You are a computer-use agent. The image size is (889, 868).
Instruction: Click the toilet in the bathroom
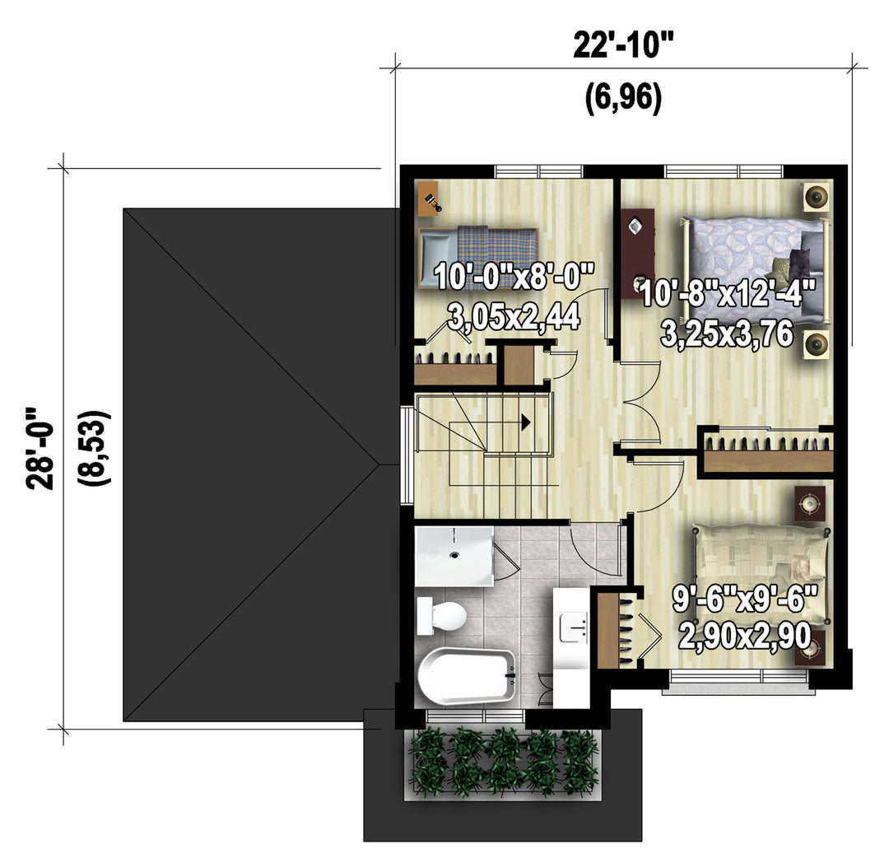[441, 615]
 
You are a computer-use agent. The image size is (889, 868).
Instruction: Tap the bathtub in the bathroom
[467, 677]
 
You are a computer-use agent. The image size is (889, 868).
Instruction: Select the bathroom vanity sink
[573, 627]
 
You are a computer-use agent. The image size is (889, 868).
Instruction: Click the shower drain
[454, 555]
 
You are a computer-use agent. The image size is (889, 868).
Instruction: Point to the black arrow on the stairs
[525, 422]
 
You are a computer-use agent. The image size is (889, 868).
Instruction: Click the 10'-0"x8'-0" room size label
[514, 277]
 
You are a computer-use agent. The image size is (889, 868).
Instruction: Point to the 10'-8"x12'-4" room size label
[728, 293]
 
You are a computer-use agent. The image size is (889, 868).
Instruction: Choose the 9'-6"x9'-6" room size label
[746, 599]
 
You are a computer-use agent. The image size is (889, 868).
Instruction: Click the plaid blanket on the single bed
[498, 258]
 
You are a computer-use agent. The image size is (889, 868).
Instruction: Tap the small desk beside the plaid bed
[429, 198]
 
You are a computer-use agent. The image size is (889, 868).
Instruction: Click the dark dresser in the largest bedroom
[637, 253]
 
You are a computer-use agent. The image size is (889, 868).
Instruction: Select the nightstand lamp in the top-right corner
[817, 197]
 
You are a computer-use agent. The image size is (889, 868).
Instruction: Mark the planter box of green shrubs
[503, 764]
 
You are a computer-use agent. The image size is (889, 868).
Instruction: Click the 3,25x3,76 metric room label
[726, 334]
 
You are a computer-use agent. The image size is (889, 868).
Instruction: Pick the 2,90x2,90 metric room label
[744, 637]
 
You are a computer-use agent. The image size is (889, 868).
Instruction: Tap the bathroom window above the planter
[475, 717]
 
